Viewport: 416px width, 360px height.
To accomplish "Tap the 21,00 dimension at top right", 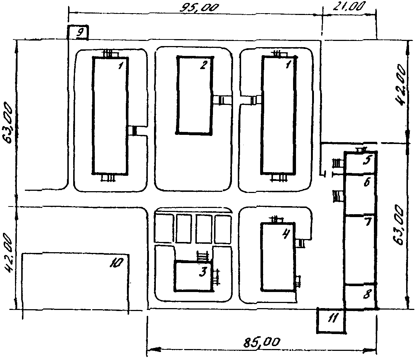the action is click(349, 6).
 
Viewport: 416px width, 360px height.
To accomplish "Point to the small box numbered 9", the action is click(77, 32).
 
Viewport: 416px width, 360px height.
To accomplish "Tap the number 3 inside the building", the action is click(203, 272).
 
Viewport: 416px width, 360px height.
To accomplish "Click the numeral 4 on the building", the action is click(286, 234).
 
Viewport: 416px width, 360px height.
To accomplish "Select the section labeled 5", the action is click(360, 163).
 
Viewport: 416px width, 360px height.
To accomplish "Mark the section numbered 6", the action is click(360, 194).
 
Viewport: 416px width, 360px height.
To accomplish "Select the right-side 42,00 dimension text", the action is click(401, 85).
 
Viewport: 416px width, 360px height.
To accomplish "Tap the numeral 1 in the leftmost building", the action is click(121, 65).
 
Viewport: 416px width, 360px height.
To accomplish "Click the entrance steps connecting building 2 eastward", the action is click(222, 100).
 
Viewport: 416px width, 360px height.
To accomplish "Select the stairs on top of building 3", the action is click(202, 256).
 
